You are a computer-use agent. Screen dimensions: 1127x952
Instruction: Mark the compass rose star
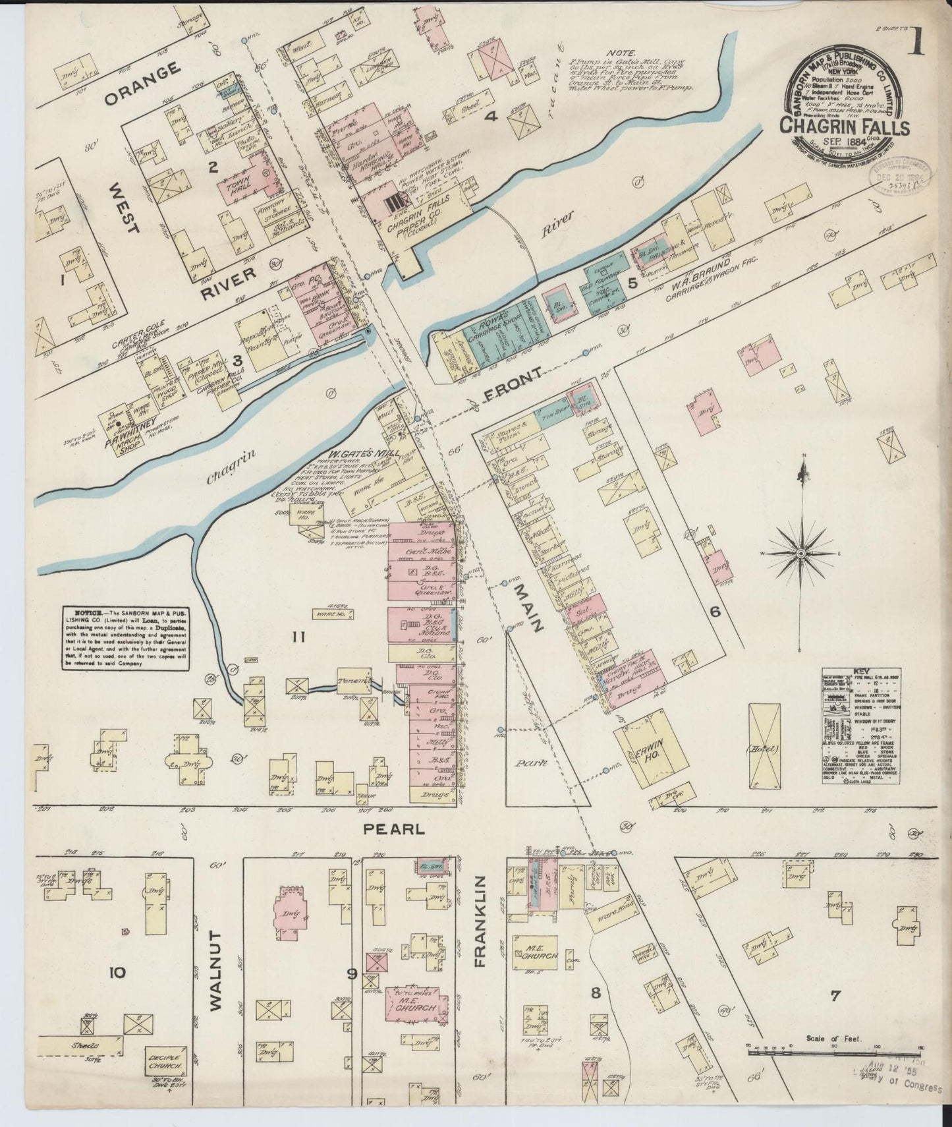point(800,552)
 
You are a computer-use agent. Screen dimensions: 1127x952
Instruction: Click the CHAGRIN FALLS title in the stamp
point(845,126)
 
